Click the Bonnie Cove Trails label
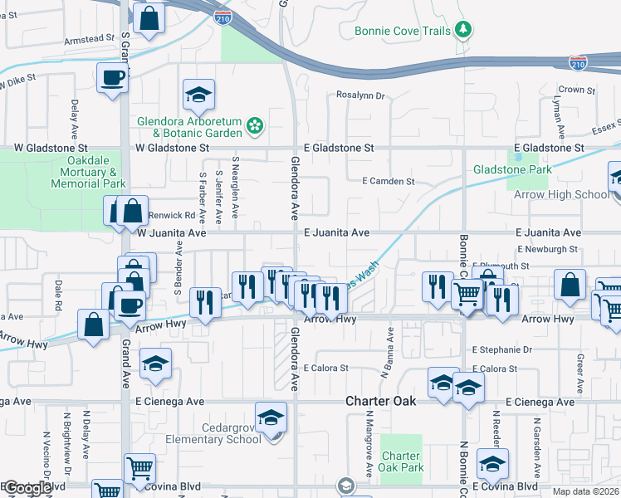402,32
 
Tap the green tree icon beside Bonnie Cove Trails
464,32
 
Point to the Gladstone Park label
512,169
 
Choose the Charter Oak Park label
402,461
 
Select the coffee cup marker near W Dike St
112,80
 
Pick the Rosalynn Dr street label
361,95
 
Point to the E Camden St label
389,181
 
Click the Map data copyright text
586,491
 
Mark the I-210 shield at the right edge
579,62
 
